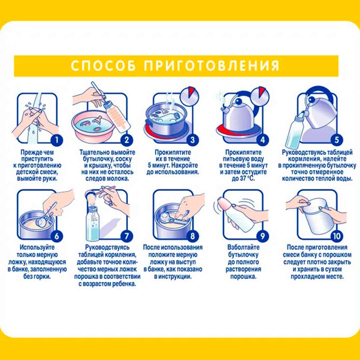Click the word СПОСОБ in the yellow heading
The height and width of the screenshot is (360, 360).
[103, 65]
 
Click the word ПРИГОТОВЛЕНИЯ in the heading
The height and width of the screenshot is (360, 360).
[211, 65]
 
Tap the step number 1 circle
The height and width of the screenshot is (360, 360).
[56, 140]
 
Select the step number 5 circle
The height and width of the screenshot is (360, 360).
[337, 140]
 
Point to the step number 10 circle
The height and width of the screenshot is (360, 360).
[337, 236]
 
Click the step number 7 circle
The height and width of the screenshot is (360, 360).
[127, 236]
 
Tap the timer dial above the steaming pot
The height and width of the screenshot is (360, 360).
[189, 96]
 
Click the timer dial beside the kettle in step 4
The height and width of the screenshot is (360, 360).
[260, 96]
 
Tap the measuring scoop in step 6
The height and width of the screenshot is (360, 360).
[46, 216]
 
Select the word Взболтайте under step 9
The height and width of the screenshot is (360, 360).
[243, 247]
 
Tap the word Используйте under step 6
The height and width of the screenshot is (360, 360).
[37, 247]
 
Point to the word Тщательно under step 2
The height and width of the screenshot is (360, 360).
[93, 152]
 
